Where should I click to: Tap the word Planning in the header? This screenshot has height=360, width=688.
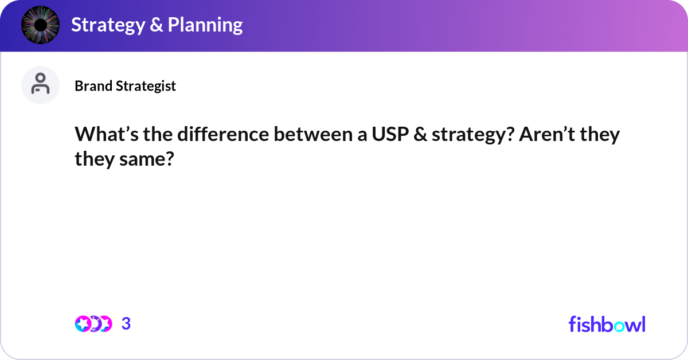click(205, 25)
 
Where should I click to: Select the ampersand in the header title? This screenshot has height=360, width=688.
click(157, 25)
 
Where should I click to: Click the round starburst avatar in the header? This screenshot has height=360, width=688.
click(40, 25)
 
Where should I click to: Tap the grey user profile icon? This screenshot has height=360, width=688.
click(40, 85)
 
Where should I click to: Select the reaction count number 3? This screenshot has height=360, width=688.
click(126, 324)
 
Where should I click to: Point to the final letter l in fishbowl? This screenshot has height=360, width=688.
click(643, 324)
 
